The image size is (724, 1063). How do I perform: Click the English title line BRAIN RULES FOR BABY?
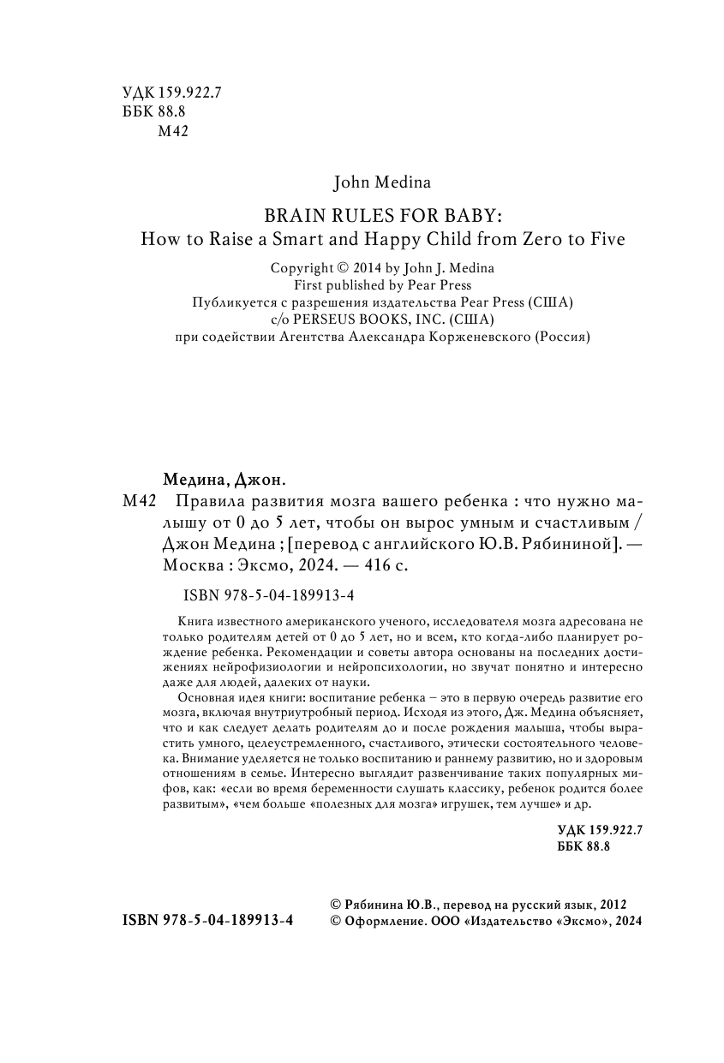382,214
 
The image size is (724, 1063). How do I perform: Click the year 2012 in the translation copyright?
614,904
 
